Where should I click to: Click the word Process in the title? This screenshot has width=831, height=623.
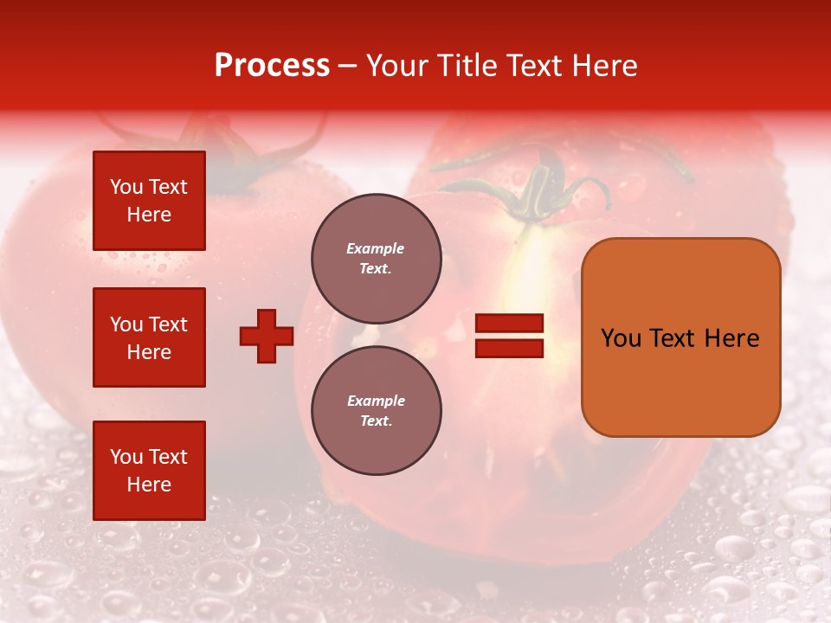tap(272, 66)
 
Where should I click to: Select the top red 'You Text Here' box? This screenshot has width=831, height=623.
tap(149, 201)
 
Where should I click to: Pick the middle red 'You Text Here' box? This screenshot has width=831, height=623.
tap(149, 337)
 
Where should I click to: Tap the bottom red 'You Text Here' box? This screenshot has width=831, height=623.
tap(149, 470)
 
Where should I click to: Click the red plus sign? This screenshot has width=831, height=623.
tap(267, 336)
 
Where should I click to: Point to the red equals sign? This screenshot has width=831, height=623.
tap(510, 336)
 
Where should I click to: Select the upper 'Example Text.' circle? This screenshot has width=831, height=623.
tap(376, 258)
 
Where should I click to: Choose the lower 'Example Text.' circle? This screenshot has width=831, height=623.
tap(376, 410)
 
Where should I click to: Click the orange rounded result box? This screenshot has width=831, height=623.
tap(680, 337)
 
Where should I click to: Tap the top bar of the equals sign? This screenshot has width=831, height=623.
tap(510, 324)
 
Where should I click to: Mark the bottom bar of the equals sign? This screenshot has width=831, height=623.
tap(510, 348)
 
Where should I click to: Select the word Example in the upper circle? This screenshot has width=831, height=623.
tap(375, 248)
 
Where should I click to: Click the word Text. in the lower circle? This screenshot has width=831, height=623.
tap(376, 421)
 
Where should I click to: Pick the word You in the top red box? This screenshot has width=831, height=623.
tap(126, 187)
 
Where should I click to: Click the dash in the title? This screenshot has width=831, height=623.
tap(348, 66)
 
